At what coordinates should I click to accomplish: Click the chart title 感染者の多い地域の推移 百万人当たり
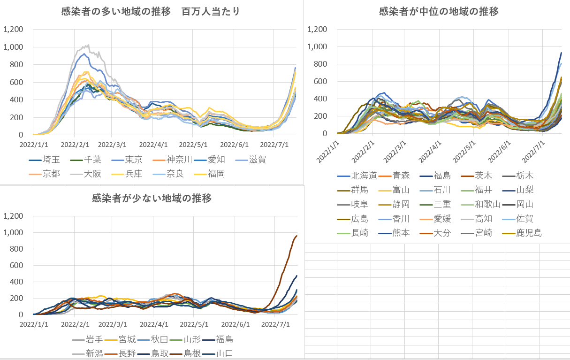pos(151,12)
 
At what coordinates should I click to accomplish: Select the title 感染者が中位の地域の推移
pos(439,12)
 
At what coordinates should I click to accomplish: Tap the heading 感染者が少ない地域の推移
pos(152,198)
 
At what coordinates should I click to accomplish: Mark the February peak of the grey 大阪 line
pos(87,45)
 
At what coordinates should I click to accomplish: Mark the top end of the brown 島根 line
pos(296,236)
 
